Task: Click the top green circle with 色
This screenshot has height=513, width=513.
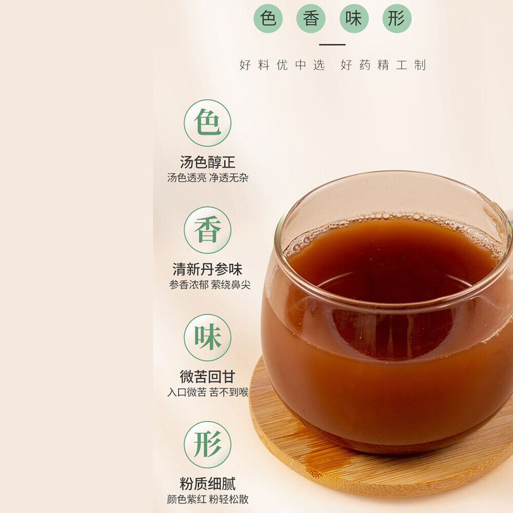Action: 268,18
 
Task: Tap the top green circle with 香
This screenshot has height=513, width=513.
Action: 311,18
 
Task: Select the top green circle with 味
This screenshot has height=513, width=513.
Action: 354,18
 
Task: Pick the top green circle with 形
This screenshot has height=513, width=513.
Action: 397,18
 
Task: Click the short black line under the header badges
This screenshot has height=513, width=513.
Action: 332,45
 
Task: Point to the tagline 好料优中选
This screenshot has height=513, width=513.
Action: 282,65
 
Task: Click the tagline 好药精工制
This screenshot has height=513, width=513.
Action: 383,65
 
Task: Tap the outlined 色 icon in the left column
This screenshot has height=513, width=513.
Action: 207,123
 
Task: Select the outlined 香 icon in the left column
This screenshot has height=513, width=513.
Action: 207,230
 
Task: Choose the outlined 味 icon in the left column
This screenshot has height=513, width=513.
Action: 207,338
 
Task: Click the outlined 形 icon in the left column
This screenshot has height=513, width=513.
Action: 207,445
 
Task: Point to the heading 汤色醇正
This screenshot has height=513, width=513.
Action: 207,162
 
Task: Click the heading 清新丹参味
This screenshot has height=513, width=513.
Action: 207,269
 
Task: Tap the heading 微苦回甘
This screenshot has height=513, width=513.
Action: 207,377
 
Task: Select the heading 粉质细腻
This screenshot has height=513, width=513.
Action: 207,484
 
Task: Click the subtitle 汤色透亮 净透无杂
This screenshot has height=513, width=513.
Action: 208,177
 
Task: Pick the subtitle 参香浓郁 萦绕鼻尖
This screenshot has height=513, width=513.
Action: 210,285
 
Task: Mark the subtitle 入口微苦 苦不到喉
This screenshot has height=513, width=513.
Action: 208,392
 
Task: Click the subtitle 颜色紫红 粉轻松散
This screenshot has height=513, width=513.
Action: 208,499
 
